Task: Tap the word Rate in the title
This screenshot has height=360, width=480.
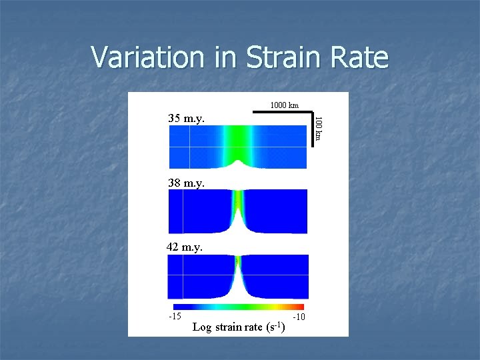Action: click(x=360, y=57)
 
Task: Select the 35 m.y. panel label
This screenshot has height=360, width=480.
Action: click(x=187, y=119)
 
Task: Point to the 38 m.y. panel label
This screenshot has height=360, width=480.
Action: click(x=187, y=182)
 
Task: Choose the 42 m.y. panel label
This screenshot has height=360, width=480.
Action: click(x=185, y=247)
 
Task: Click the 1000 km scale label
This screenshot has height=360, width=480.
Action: click(x=284, y=105)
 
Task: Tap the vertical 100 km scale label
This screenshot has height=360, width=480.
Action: click(x=319, y=129)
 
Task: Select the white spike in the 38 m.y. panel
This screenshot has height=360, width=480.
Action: click(x=238, y=223)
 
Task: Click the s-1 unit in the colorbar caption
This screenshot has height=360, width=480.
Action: click(x=275, y=326)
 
